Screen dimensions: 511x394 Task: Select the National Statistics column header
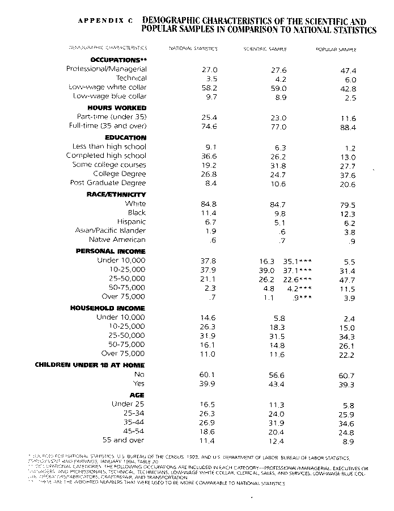193,49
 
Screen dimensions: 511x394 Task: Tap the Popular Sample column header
336,50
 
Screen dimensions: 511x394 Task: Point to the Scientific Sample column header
265,50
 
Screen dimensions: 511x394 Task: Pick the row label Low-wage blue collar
109,97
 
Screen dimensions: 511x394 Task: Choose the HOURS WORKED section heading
117,108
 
